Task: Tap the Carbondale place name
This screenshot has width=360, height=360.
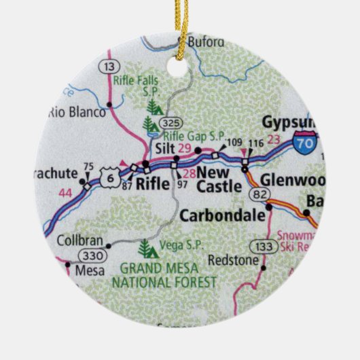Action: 222,216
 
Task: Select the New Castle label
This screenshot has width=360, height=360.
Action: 219,180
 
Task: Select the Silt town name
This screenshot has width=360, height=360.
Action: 163,148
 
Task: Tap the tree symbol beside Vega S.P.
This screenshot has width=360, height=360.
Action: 145,247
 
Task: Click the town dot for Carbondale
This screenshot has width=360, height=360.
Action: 270,206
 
